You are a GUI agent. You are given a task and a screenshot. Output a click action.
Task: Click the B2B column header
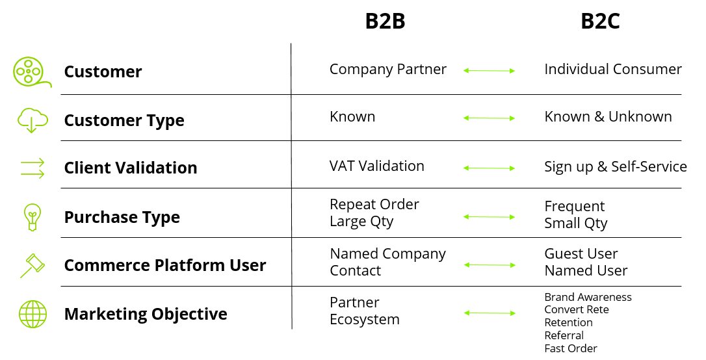pyautogui.click(x=385, y=21)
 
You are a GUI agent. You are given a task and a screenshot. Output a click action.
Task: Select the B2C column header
pyautogui.click(x=600, y=21)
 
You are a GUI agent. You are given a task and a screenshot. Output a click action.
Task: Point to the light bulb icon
pyautogui.click(x=32, y=216)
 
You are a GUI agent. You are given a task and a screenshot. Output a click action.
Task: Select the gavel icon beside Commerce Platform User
pyautogui.click(x=32, y=265)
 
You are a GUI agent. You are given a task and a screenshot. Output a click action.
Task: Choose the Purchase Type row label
pyautogui.click(x=122, y=217)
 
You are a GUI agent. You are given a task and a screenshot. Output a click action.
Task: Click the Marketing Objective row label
pyautogui.click(x=146, y=315)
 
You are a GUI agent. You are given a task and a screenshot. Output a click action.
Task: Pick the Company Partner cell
pyautogui.click(x=387, y=70)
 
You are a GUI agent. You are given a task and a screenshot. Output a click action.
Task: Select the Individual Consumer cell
pyautogui.click(x=612, y=70)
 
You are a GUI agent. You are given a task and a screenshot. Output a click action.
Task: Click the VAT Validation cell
pyautogui.click(x=376, y=166)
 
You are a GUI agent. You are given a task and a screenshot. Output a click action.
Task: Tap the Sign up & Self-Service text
pyautogui.click(x=615, y=167)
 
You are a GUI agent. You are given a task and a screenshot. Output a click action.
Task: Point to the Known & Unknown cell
pyautogui.click(x=608, y=117)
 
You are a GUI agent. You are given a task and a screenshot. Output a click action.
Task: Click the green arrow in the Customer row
pyautogui.click(x=489, y=70)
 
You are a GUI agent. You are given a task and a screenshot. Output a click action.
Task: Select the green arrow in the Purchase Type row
pyautogui.click(x=489, y=216)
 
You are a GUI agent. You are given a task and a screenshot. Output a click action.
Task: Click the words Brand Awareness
pyautogui.click(x=588, y=297)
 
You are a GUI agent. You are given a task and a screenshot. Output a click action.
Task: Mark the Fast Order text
pyautogui.click(x=570, y=348)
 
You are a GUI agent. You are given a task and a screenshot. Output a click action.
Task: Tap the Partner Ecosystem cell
pyautogui.click(x=364, y=311)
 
